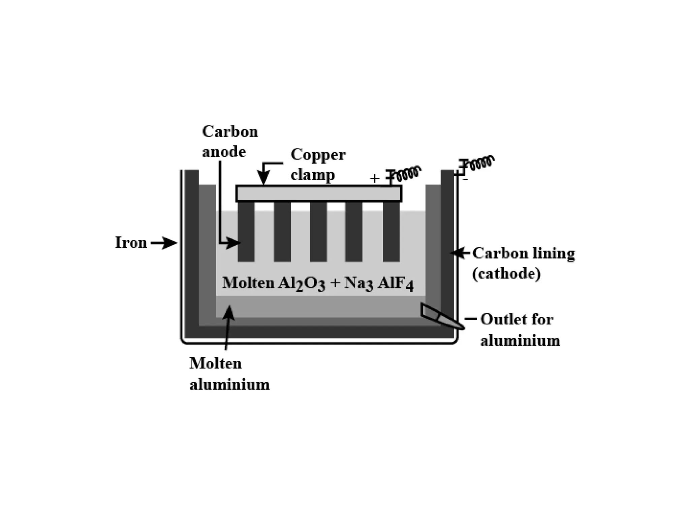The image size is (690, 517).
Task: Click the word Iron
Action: [x=131, y=243]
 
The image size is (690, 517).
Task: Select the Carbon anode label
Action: [x=230, y=141]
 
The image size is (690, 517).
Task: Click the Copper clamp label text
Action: [x=317, y=165]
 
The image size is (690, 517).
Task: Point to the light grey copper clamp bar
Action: [x=319, y=193]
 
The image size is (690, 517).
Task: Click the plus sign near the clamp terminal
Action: [x=374, y=178]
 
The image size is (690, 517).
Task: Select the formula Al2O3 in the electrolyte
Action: [x=302, y=283]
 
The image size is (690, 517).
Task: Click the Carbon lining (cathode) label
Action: [x=523, y=263]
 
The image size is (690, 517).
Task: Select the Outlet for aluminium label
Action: [x=520, y=330]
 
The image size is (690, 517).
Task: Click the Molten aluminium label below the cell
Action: [x=229, y=374]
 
